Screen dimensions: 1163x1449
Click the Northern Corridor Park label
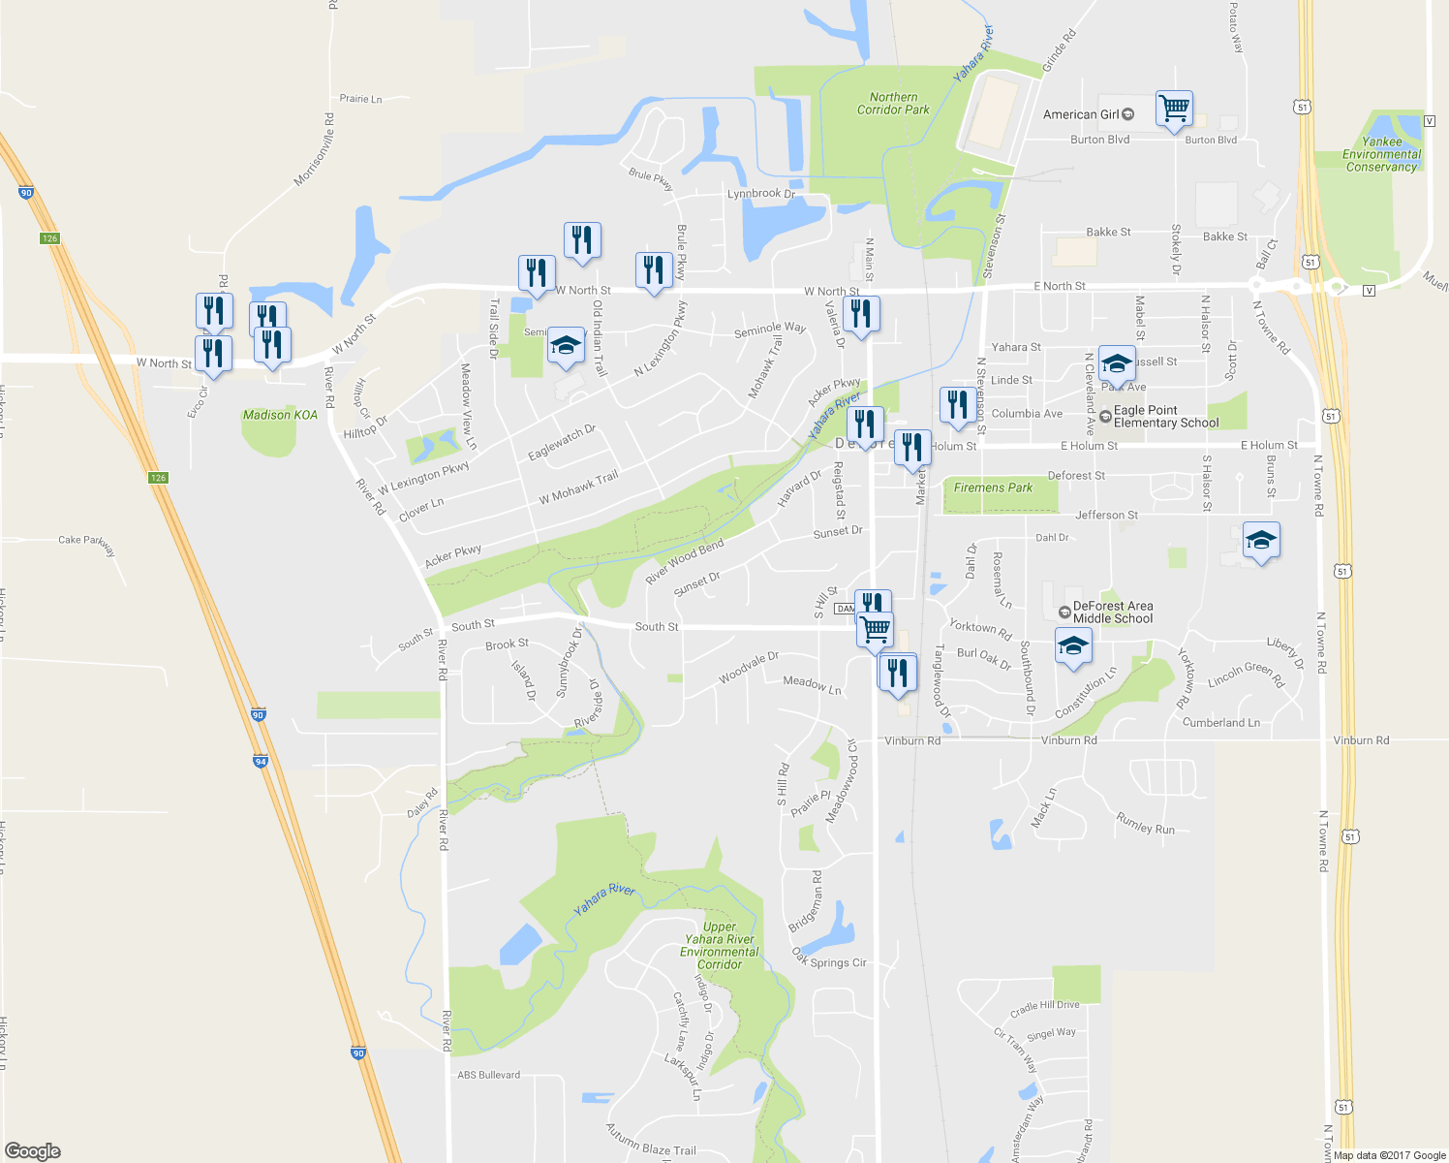893,104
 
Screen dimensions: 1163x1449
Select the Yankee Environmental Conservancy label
1381,154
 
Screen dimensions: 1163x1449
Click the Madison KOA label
280,415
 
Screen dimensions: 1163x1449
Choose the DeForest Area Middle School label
1112,613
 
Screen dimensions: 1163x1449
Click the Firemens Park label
993,487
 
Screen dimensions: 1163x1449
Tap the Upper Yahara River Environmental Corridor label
720,945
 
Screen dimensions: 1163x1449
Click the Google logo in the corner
33,1150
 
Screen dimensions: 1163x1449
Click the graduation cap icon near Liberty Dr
1260,541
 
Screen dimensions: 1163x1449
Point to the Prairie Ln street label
360,99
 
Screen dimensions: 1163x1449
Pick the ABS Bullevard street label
488,1075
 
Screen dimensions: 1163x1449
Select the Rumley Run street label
1145,824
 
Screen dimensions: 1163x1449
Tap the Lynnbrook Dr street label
760,194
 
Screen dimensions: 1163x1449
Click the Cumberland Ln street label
1220,723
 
